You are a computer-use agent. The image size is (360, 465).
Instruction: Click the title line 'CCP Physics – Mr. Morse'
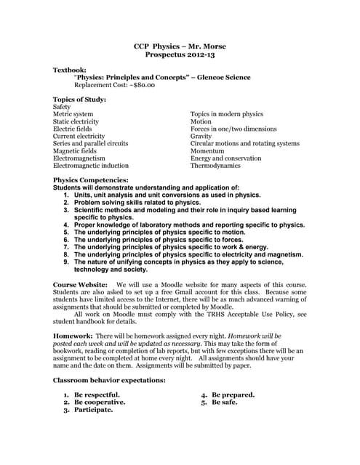tap(180, 46)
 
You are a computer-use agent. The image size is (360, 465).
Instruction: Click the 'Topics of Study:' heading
tap(80, 100)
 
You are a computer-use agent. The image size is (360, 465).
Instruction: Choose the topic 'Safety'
tap(63, 107)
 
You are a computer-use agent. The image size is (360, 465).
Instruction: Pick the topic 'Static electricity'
tap(77, 121)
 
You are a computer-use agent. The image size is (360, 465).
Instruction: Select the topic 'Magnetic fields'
tap(76, 150)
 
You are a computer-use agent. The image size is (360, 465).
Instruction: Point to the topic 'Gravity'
tap(201, 136)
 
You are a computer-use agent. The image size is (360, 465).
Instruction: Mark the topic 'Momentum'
tap(207, 150)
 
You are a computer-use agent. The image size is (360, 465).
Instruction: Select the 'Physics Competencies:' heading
tap(91, 179)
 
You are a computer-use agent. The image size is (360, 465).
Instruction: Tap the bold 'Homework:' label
tap(73, 337)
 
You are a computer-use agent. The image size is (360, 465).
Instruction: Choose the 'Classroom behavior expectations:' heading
tap(110, 380)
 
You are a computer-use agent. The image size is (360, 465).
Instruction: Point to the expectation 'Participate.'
tap(93, 410)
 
